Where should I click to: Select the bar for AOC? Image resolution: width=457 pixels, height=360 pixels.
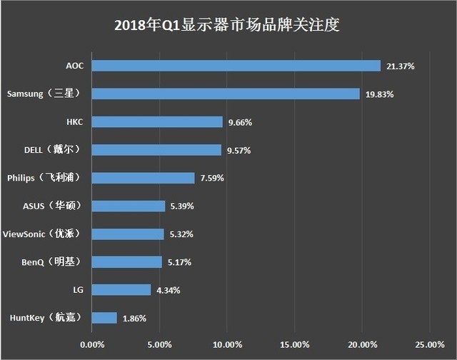(236, 66)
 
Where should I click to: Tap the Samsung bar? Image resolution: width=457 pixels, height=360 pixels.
(226, 94)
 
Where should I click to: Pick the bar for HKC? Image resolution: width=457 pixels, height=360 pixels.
(157, 122)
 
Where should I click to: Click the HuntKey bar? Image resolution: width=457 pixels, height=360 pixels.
(104, 318)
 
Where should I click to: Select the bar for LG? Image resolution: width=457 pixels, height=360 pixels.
(121, 290)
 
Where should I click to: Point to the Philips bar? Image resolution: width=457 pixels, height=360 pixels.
(143, 178)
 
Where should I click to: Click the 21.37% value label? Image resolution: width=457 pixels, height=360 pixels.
(400, 66)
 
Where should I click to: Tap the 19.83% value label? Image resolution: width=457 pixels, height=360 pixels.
(380, 94)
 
